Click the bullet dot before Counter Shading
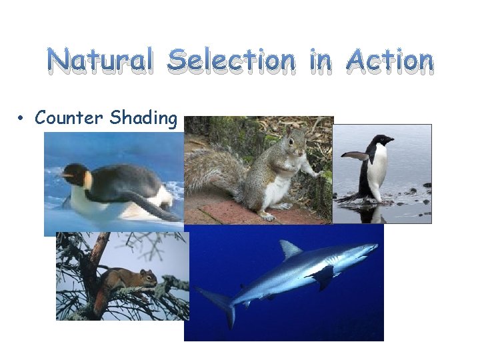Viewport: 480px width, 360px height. tap(22, 119)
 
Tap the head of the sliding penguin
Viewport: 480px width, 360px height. tap(77, 174)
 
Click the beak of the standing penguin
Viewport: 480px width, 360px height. tap(390, 140)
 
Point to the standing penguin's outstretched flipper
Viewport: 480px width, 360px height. tap(355, 156)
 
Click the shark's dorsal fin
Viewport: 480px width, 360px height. tap(289, 249)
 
